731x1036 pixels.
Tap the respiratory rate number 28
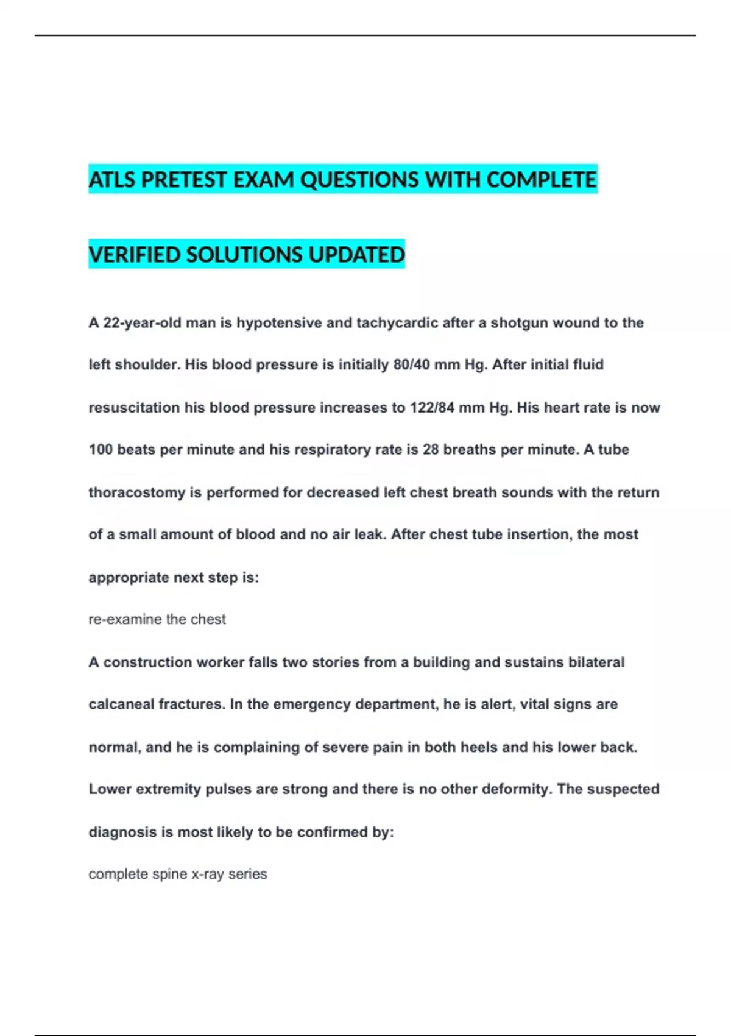(x=431, y=450)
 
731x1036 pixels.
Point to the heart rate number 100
(x=101, y=450)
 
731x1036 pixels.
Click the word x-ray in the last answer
(x=208, y=874)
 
